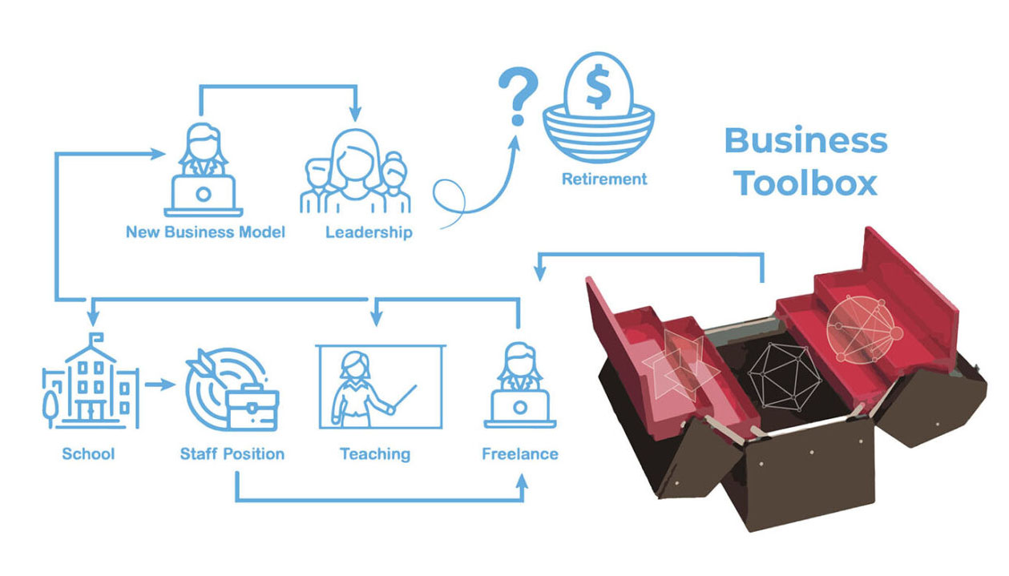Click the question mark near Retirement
pos(518,95)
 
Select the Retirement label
pos(604,179)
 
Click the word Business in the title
pos(805,141)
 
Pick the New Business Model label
pos(206,233)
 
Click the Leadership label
pos(369,233)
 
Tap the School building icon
pos(90,384)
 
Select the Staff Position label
pos(232,454)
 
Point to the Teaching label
pos(375,454)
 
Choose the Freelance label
pos(519,454)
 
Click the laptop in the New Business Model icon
pos(204,195)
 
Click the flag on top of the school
pos(95,337)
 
